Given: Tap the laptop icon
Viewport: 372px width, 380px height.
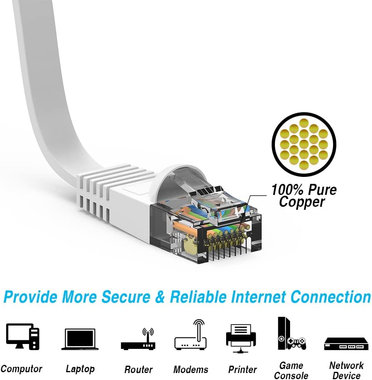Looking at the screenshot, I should click(x=80, y=339).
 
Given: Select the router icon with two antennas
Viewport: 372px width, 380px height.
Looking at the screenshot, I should click(x=138, y=339).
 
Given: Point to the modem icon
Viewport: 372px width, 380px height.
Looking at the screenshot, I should click(x=191, y=337).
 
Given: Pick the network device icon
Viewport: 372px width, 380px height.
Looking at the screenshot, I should click(x=346, y=344).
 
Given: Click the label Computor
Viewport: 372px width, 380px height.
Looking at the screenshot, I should click(x=21, y=369).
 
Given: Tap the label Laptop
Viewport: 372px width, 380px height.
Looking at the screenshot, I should click(x=80, y=369).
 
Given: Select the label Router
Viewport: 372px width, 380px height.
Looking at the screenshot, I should click(x=138, y=369).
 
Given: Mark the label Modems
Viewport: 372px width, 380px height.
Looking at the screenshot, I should click(x=191, y=369).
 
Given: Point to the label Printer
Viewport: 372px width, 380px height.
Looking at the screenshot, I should click(x=243, y=369).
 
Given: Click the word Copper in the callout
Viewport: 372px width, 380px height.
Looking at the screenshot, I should click(x=302, y=201).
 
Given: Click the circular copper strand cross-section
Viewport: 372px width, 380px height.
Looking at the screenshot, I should click(x=304, y=144).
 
